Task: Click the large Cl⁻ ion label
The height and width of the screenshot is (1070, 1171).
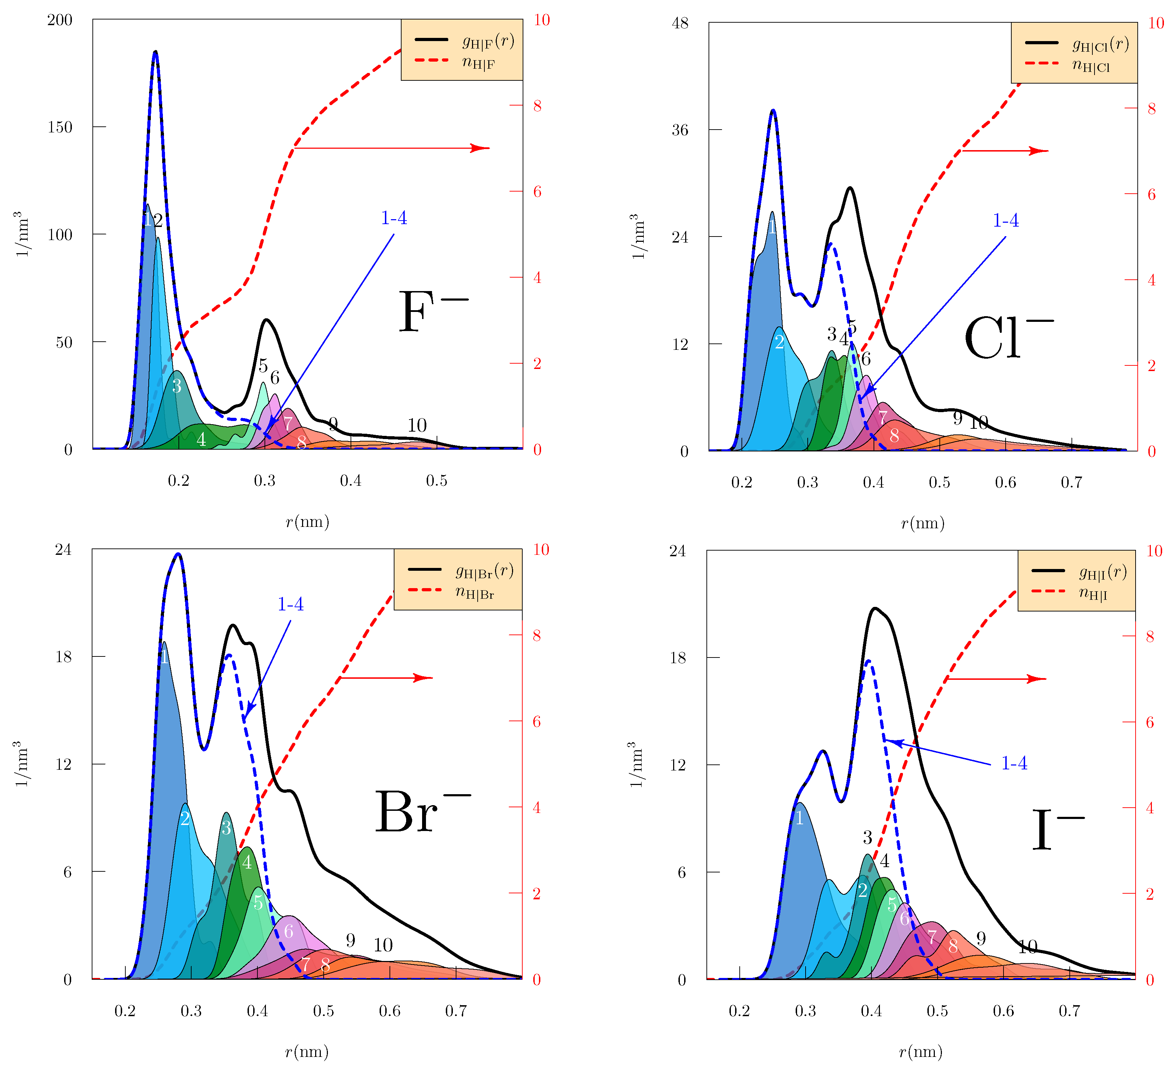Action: click(1008, 338)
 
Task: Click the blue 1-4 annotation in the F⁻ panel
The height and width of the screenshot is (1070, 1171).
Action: click(393, 218)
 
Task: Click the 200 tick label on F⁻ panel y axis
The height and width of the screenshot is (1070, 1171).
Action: click(60, 20)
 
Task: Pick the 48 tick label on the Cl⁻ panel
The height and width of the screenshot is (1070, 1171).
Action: click(680, 23)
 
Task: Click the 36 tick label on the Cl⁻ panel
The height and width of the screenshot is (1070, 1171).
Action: click(680, 130)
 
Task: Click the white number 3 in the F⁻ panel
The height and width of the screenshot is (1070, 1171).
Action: click(177, 386)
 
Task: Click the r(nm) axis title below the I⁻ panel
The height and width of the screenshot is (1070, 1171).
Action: click(920, 1052)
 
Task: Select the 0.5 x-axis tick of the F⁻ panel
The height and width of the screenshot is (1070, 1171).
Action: click(436, 480)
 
